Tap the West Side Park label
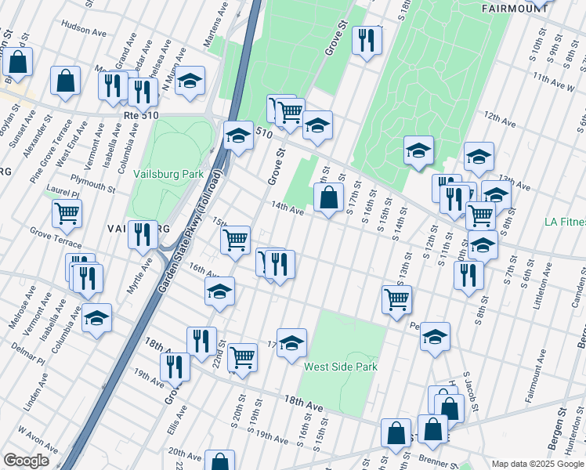coord(341,367)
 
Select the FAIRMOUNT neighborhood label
coord(514,9)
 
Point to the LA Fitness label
coord(565,222)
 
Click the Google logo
coord(26,461)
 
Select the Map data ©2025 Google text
coord(537,463)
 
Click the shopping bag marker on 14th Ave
coord(329,197)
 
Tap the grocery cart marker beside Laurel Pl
coord(67,211)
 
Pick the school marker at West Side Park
coord(291,342)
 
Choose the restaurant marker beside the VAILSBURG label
coord(143,234)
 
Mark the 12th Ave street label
coord(500,120)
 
